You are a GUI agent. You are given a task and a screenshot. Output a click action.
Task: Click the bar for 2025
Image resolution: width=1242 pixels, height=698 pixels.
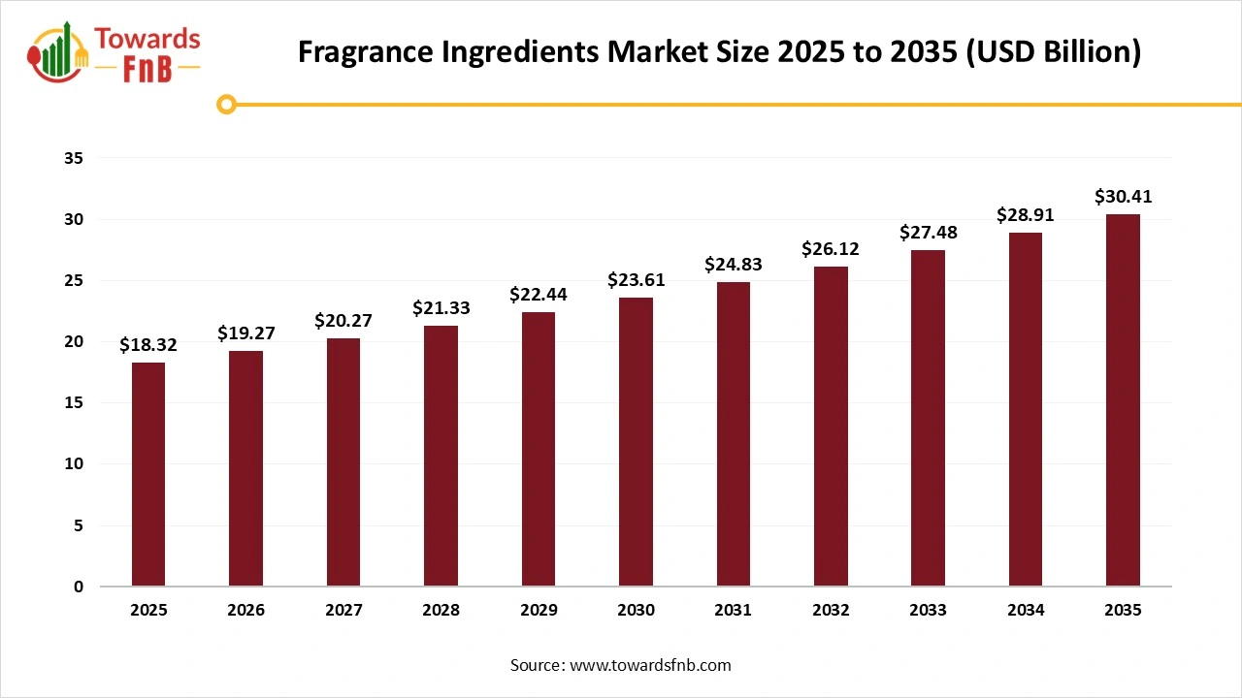148,474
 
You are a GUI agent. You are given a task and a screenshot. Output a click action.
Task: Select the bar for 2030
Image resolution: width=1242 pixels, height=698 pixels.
636,441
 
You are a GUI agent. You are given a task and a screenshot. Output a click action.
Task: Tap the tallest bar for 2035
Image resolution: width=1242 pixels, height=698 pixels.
1123,399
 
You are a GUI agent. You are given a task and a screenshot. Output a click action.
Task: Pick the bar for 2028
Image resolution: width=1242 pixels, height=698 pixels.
441,456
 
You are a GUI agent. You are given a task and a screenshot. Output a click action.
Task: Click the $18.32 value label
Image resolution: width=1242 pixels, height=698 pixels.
148,345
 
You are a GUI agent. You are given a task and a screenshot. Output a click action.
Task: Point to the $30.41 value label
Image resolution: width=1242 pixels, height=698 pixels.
1123,197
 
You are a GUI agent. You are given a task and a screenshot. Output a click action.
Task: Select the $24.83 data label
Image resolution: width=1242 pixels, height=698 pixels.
734,265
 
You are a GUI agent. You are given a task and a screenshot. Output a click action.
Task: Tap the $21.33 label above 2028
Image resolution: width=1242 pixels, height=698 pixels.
441,307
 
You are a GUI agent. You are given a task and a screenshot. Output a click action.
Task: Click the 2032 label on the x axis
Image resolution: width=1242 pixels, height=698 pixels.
831,611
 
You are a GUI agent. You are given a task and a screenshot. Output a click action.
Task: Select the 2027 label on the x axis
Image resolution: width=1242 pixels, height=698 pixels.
343,611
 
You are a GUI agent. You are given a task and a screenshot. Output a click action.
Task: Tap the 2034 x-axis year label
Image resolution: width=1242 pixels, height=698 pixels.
1026,611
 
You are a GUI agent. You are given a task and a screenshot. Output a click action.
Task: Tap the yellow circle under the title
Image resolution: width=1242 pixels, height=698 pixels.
227,104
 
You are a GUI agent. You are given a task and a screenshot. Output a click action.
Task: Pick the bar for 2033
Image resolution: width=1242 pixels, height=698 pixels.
929,418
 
